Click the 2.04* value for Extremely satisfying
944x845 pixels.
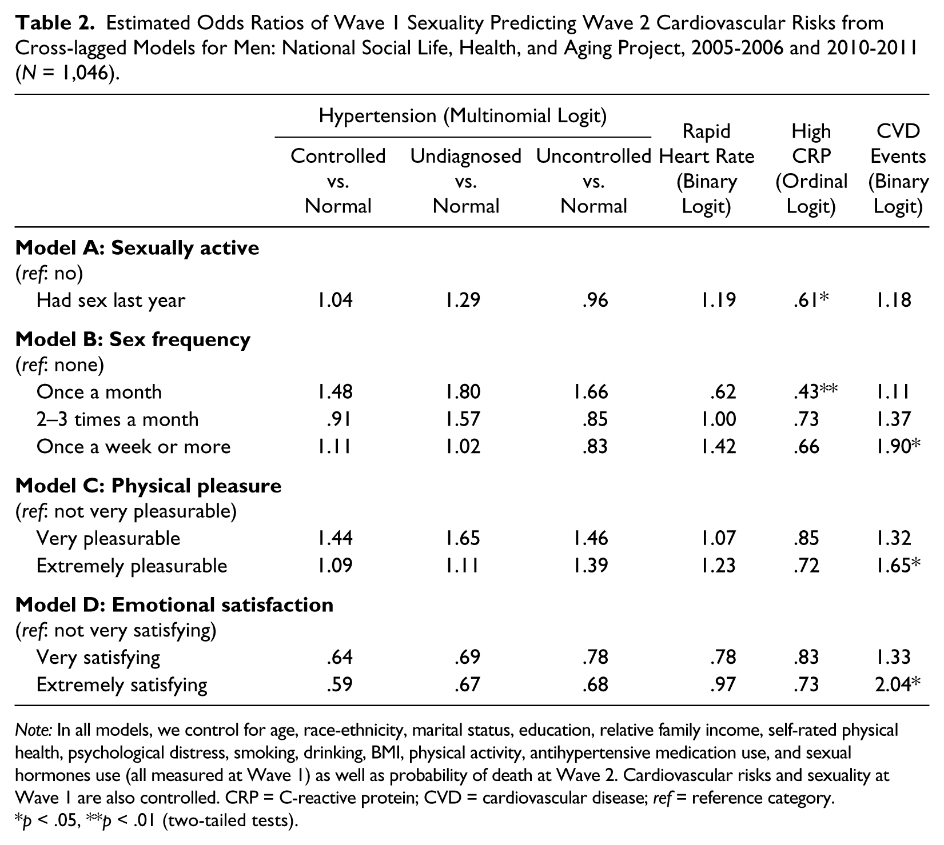[x=898, y=684]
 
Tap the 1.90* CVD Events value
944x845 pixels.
[x=898, y=446]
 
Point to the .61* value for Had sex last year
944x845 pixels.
[x=811, y=299]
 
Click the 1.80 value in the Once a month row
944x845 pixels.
[x=463, y=391]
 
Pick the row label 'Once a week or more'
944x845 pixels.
[x=134, y=446]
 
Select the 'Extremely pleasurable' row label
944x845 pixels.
[x=132, y=566]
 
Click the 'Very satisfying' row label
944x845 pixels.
[x=98, y=657]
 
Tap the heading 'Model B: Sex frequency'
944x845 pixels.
[x=133, y=339]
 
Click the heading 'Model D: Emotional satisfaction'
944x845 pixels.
[x=174, y=604]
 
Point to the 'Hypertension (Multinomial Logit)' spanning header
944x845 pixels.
[x=463, y=116]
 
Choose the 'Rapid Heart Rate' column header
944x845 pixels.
[x=707, y=143]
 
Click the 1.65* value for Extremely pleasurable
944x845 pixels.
[x=898, y=565]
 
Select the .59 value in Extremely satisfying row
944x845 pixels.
[x=340, y=684]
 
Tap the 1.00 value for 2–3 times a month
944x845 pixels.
[x=719, y=419]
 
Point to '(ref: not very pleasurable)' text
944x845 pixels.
[x=126, y=511]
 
